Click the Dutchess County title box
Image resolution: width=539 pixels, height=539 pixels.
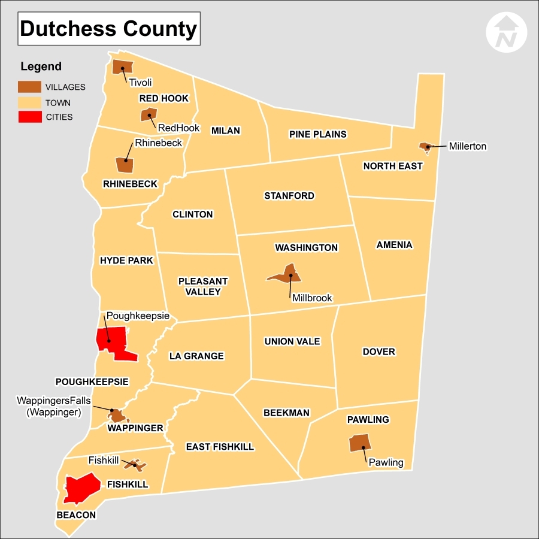tap(109, 29)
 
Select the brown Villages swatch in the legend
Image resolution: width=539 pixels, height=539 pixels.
tap(29, 87)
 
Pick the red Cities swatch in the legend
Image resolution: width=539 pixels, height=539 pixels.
tap(29, 117)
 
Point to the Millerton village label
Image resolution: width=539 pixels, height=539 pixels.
tap(468, 146)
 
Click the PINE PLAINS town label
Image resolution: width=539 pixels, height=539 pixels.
tap(318, 134)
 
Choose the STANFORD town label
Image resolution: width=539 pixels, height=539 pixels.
tap(289, 196)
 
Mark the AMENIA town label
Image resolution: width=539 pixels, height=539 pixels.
tap(394, 245)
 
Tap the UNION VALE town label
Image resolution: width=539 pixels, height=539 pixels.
tap(292, 341)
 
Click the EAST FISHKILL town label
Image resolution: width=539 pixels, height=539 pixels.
tap(220, 447)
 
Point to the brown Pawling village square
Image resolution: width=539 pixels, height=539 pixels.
tap(359, 443)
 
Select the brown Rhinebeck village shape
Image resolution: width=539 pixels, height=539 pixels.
tap(125, 164)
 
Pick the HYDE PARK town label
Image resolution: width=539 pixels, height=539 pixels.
tap(126, 261)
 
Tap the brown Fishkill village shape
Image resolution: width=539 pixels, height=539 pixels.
tap(134, 464)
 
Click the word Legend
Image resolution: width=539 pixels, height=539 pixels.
tap(41, 66)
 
